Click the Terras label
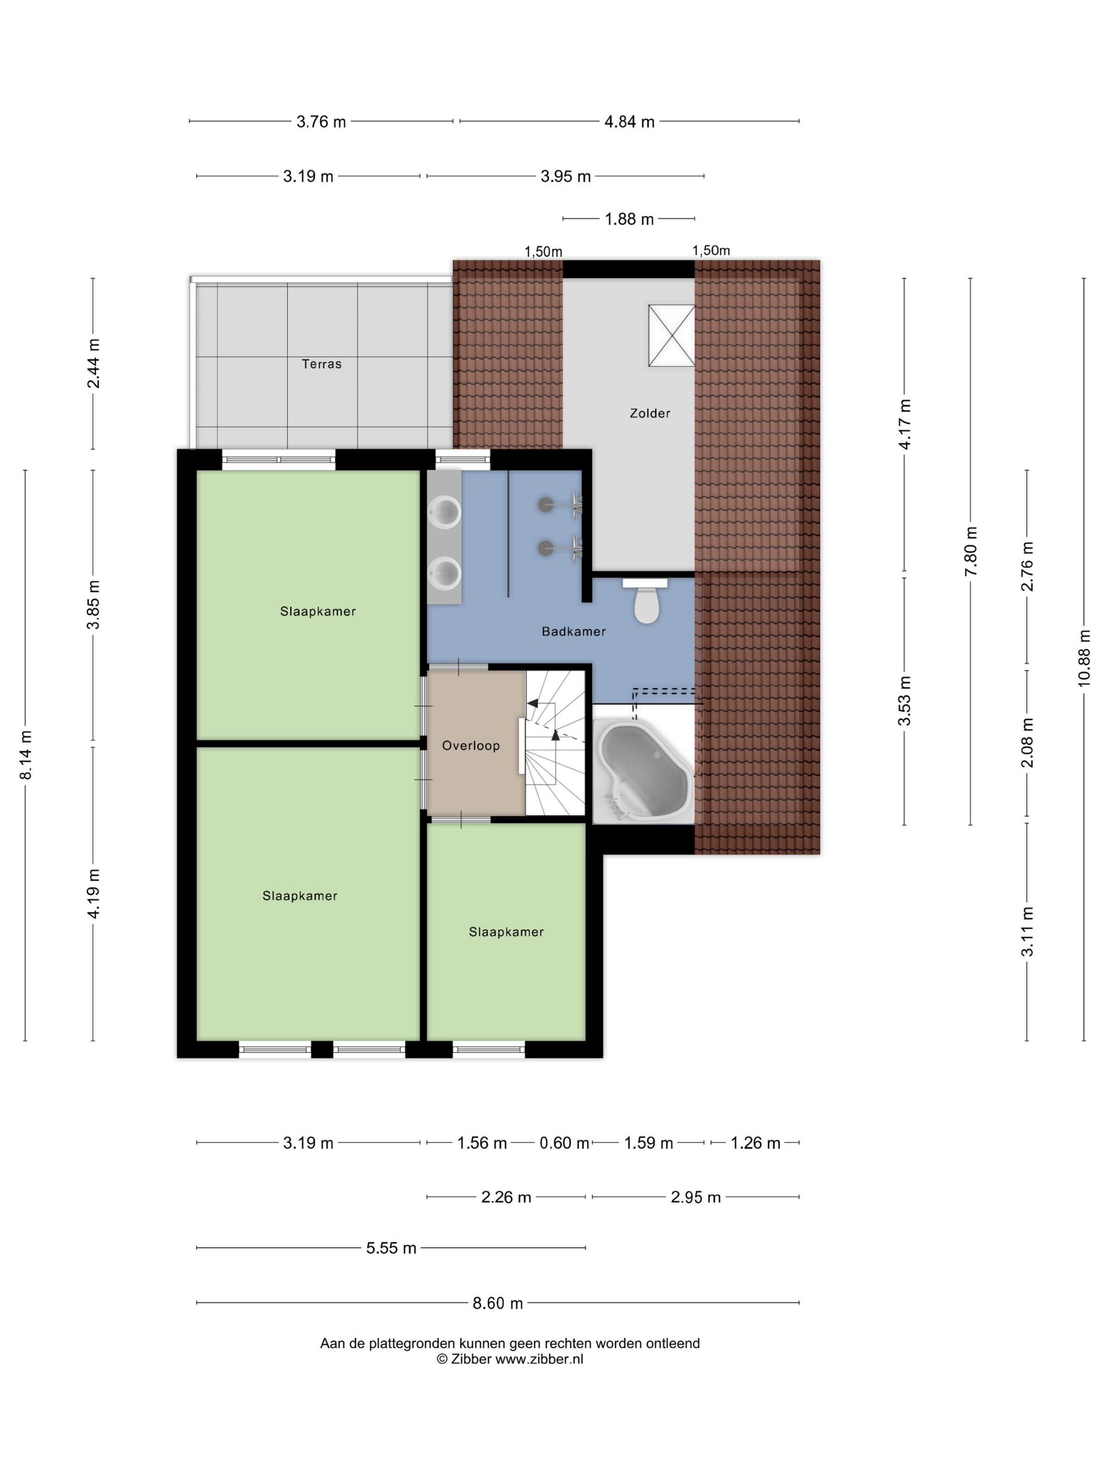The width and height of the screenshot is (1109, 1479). (322, 364)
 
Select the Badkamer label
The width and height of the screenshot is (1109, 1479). (574, 632)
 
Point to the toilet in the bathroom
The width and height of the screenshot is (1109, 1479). (646, 601)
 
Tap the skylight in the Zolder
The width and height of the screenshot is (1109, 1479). (672, 335)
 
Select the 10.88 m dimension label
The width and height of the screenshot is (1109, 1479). (1084, 659)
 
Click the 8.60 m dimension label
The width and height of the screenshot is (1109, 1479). (498, 1303)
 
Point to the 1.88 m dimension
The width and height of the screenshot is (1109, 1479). (629, 219)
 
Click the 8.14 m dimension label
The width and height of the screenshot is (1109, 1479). (26, 755)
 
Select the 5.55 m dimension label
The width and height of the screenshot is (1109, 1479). (391, 1248)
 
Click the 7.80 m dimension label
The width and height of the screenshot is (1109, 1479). (971, 551)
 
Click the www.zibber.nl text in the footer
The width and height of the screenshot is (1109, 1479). (539, 1359)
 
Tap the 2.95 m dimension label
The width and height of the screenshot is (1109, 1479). (696, 1197)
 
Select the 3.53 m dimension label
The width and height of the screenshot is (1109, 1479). (905, 701)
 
